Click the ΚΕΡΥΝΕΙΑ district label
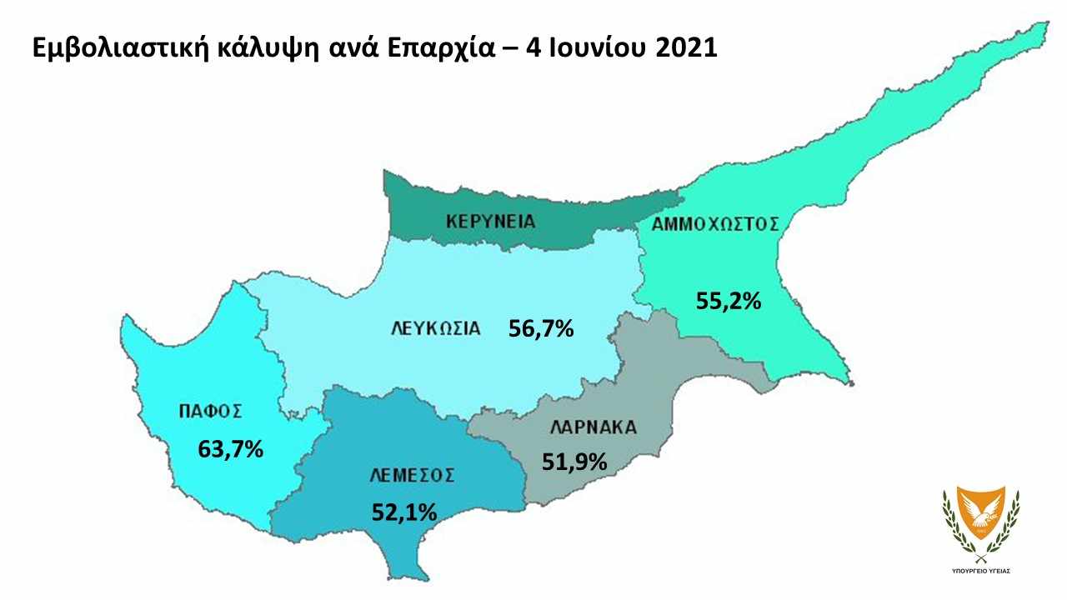pyautogui.click(x=490, y=222)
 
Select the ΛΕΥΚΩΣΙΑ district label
pyautogui.click(x=436, y=327)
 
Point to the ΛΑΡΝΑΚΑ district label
pyautogui.click(x=593, y=427)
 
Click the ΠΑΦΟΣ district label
pyautogui.click(x=210, y=410)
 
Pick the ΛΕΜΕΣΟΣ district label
pyautogui.click(x=412, y=475)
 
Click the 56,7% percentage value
pyautogui.click(x=541, y=328)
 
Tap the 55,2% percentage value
pyautogui.click(x=728, y=301)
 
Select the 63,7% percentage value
pyautogui.click(x=230, y=448)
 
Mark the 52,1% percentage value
pyautogui.click(x=404, y=512)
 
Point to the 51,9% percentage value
pyautogui.click(x=574, y=460)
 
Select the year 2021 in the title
pyautogui.click(x=685, y=47)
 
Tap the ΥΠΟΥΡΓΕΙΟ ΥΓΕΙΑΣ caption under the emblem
pyautogui.click(x=980, y=572)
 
